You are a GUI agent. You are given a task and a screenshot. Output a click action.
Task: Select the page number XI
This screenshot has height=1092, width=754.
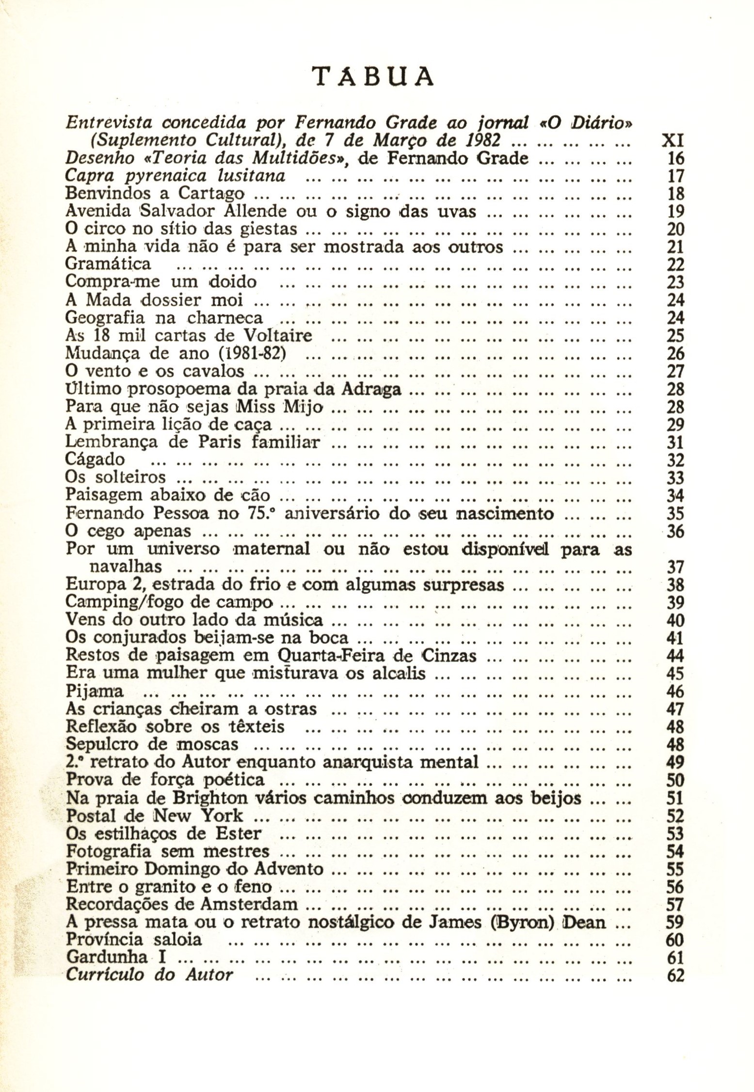(672, 141)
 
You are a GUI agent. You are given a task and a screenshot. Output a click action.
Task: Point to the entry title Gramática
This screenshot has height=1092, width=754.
(108, 264)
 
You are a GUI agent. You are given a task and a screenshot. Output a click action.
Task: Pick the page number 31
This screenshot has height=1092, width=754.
(675, 442)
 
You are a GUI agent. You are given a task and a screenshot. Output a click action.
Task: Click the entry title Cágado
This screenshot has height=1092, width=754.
(95, 460)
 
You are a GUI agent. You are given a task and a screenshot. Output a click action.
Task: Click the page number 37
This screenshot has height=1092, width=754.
(675, 567)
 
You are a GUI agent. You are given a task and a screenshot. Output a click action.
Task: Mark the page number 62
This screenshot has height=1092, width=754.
(675, 976)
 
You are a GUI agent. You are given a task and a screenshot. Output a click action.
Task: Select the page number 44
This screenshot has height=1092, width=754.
(675, 656)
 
